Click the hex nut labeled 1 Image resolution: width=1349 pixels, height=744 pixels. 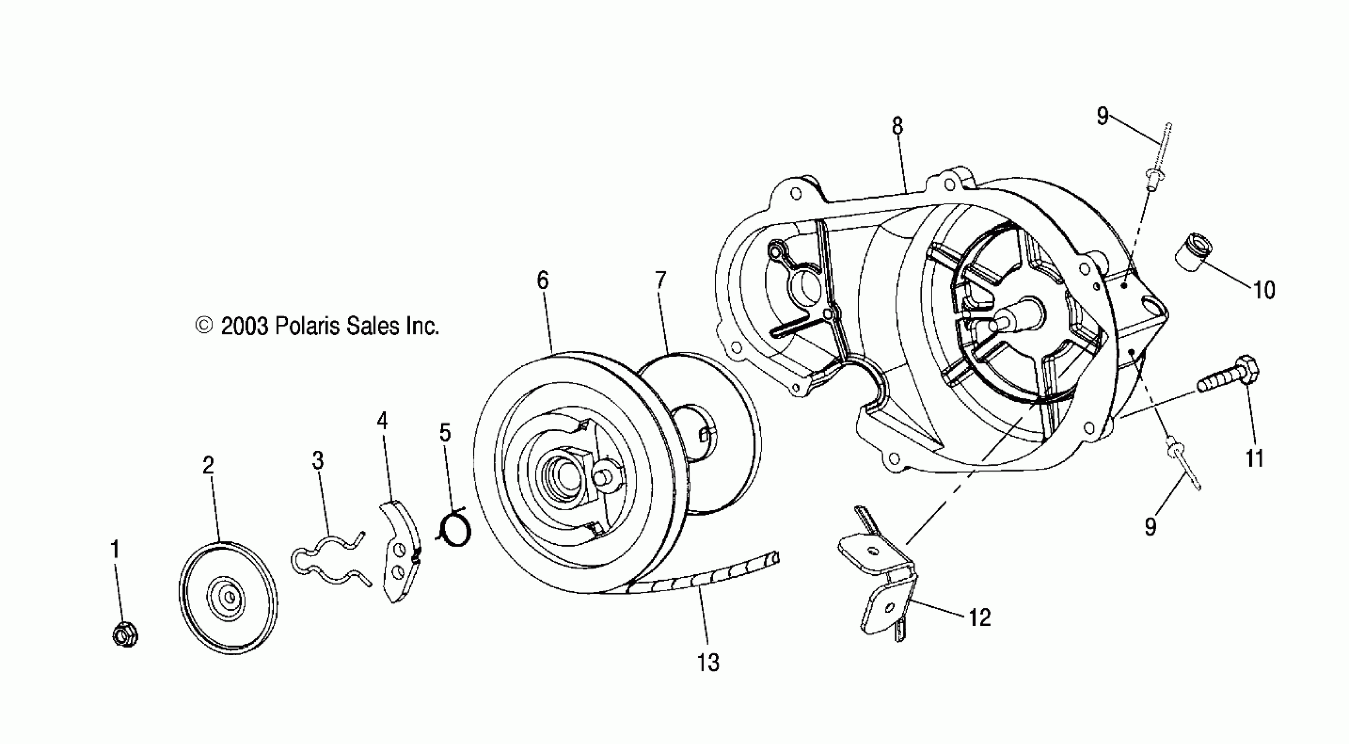(125, 635)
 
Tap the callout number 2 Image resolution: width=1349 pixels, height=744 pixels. (209, 465)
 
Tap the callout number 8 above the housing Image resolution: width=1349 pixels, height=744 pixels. (898, 126)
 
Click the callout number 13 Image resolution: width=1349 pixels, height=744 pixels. (708, 663)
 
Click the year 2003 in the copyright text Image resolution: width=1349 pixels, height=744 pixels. (244, 326)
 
